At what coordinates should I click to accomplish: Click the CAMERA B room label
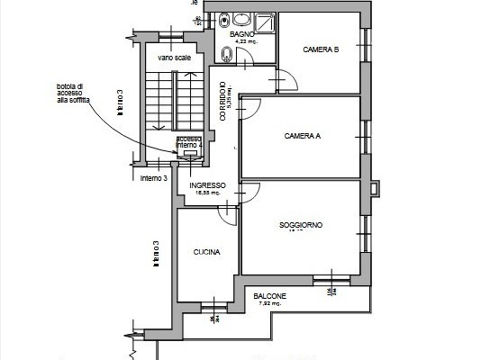tap(320, 49)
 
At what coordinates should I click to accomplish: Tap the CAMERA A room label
tap(302, 136)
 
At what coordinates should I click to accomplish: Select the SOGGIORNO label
tap(301, 225)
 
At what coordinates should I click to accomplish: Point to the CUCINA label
tap(206, 253)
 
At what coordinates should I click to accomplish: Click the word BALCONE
tap(270, 296)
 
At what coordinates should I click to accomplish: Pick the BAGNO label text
tap(241, 34)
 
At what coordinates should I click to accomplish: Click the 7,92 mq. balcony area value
tap(269, 303)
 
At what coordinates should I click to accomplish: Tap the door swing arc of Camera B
tap(288, 81)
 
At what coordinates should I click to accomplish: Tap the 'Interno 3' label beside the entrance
tap(154, 178)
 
